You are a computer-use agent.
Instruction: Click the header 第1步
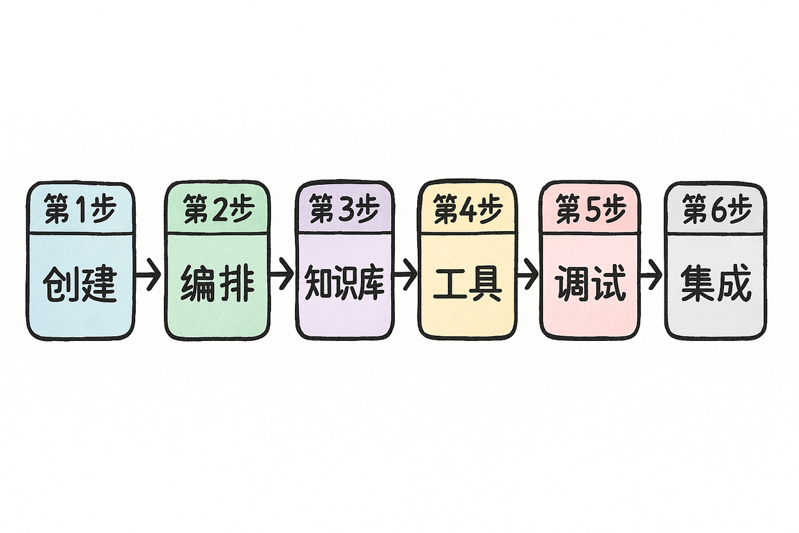pyautogui.click(x=80, y=208)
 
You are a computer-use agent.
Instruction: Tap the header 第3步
pyautogui.click(x=344, y=209)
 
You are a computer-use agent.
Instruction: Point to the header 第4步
pyautogui.click(x=468, y=210)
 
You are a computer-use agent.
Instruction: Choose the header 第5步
pyautogui.click(x=591, y=210)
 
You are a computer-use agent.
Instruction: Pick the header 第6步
pyautogui.click(x=717, y=210)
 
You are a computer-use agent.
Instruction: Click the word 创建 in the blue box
pyautogui.click(x=80, y=284)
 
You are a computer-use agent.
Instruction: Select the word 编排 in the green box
pyautogui.click(x=218, y=285)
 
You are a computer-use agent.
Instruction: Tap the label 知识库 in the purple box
pyautogui.click(x=345, y=282)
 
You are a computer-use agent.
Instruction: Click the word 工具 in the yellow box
pyautogui.click(x=467, y=283)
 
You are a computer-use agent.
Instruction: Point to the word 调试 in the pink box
pyautogui.click(x=591, y=283)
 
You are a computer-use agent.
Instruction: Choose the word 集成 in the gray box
pyautogui.click(x=716, y=283)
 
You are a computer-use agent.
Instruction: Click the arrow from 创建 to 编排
pyautogui.click(x=148, y=275)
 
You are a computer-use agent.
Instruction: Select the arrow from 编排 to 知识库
pyautogui.click(x=282, y=274)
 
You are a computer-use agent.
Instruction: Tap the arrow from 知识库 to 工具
pyautogui.click(x=405, y=274)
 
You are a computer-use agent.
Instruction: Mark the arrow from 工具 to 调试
pyautogui.click(x=527, y=274)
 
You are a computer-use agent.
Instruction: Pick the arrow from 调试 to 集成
pyautogui.click(x=651, y=275)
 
